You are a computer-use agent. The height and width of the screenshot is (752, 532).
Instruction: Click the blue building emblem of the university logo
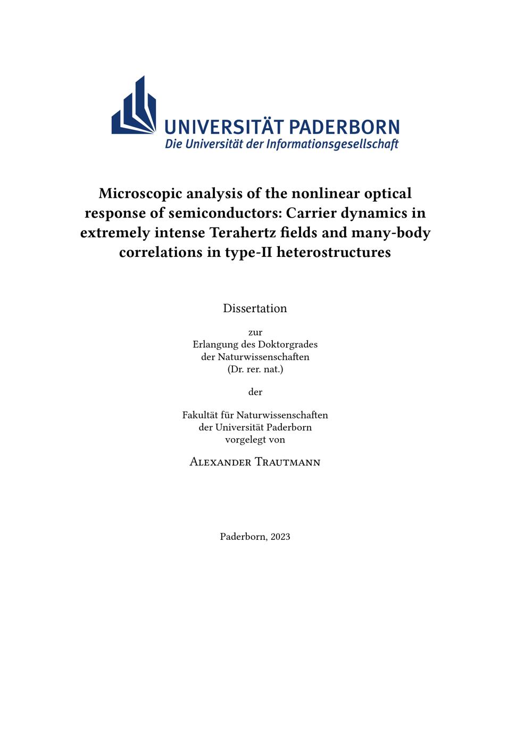coord(134,106)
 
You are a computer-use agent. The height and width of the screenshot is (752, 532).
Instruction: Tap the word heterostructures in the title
coord(334,252)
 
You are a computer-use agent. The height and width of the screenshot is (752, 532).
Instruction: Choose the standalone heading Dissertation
coord(255,308)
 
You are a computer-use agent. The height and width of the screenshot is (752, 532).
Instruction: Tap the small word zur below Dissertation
coord(255,332)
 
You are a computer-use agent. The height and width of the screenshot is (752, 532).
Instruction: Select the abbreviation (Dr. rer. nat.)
coord(255,369)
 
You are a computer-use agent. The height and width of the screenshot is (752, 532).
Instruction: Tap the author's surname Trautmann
coord(287,462)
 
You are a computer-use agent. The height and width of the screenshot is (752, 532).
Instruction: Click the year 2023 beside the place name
coord(280,537)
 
